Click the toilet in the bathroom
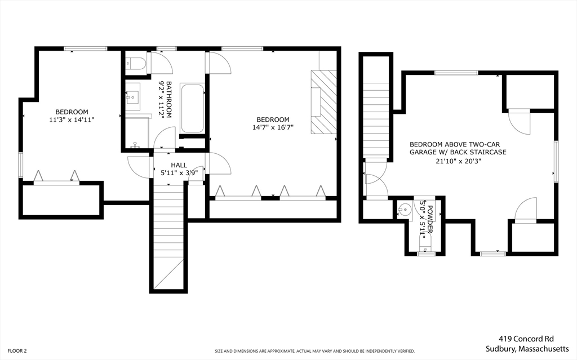tap(136, 64)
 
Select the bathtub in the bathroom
tap(193, 109)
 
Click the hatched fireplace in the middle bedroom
tap(324, 102)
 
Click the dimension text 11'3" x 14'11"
tap(72, 119)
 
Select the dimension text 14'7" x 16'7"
tap(273, 127)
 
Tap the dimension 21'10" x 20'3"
tap(458, 161)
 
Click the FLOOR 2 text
tap(14, 350)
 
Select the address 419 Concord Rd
tap(526, 339)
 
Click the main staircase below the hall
tap(168, 237)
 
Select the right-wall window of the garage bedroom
tap(555, 161)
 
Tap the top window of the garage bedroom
tap(456, 72)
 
